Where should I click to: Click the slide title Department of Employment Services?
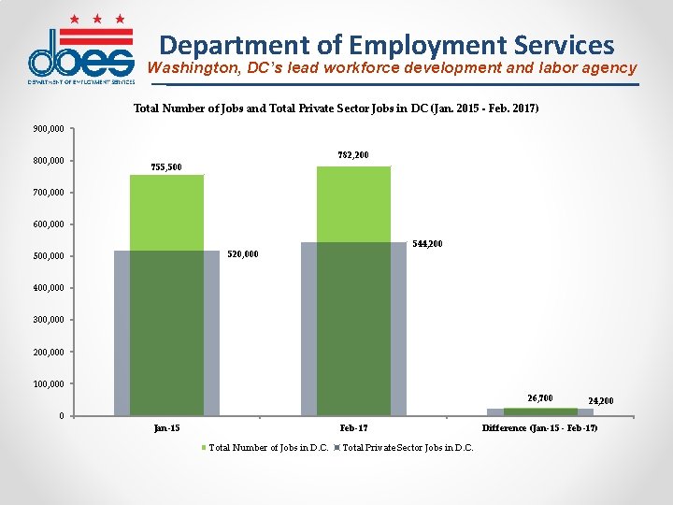coord(387,44)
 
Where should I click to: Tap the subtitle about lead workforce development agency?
coord(392,68)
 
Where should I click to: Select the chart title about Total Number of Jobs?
coord(336,108)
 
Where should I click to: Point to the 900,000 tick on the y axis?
coord(48,129)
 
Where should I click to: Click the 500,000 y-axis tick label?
coord(48,256)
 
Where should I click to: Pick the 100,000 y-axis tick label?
coord(48,384)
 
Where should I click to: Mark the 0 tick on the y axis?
coord(61,416)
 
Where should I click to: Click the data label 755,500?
coord(166,167)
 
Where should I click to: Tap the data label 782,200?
coord(352,154)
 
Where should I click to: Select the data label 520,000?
coord(243,254)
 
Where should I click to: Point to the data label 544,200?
coord(427,244)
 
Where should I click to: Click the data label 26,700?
coord(539,398)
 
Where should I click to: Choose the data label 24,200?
coord(601,401)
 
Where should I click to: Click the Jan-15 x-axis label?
coord(166,428)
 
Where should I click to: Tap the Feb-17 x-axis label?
coord(353,428)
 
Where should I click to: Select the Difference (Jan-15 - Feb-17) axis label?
coord(539,428)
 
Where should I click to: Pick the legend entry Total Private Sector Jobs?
coord(408,448)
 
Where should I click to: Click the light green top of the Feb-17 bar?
coord(353,204)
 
